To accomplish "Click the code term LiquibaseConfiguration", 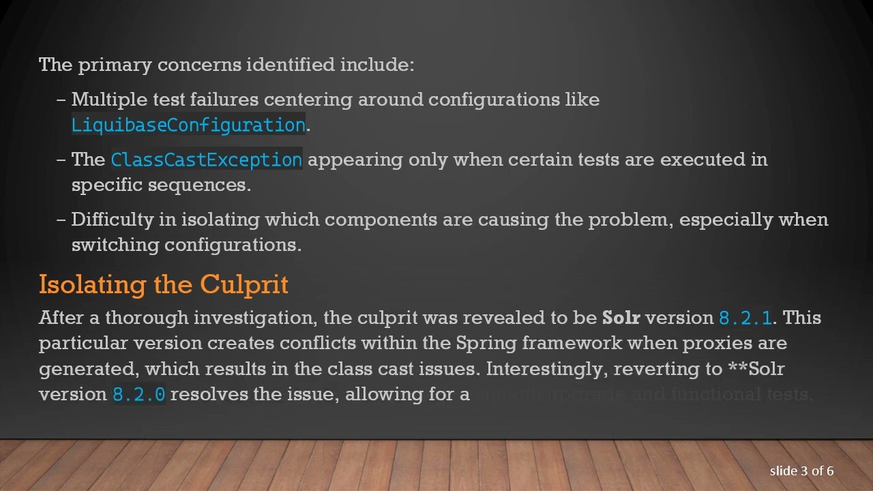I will [x=188, y=125].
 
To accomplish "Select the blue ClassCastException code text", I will [x=206, y=160].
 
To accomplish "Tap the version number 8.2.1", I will [x=745, y=318].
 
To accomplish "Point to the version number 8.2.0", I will [x=139, y=394].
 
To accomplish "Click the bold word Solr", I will [x=621, y=318].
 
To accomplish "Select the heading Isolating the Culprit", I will [x=164, y=284].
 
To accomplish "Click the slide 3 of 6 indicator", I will [x=801, y=471].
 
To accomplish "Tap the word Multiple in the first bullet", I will [x=109, y=100].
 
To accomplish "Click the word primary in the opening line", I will [x=115, y=65].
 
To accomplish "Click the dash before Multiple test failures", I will [x=61, y=100].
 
